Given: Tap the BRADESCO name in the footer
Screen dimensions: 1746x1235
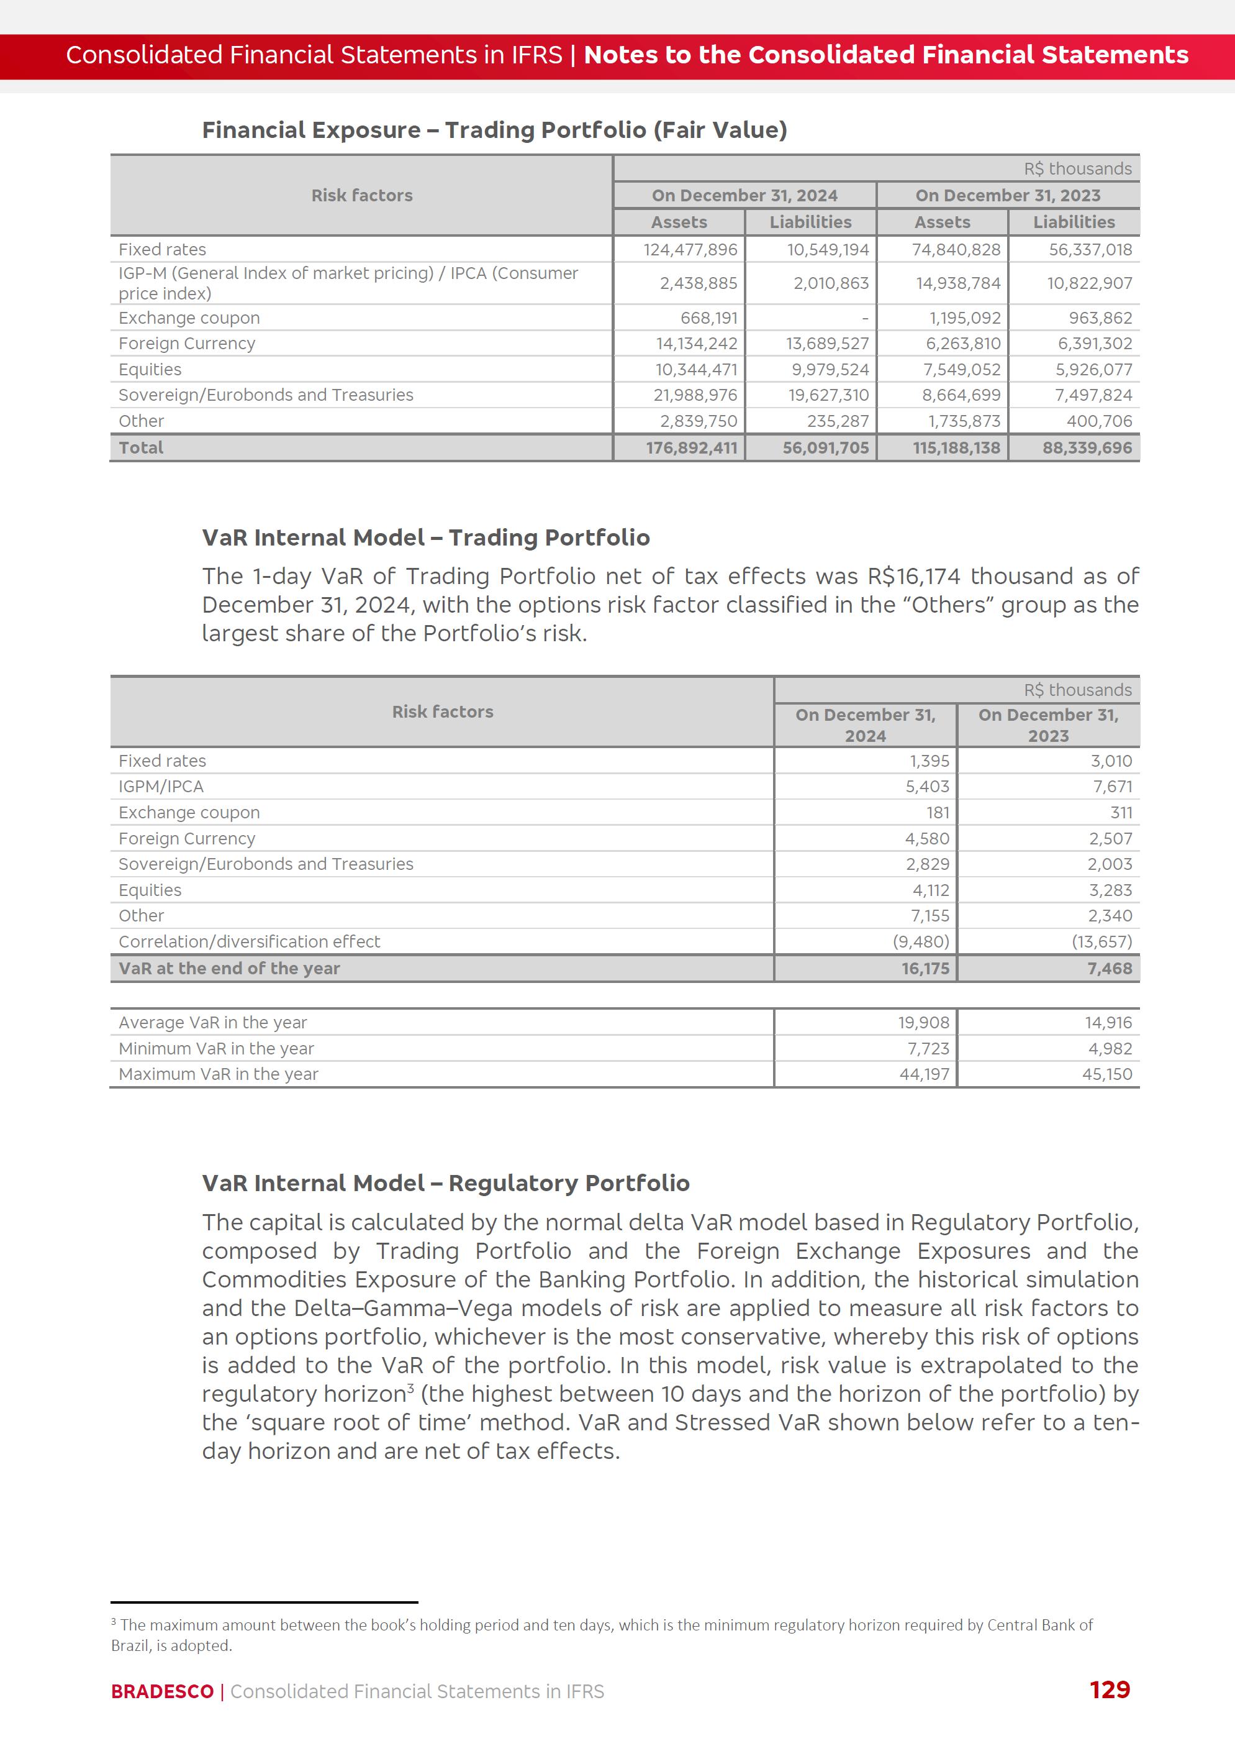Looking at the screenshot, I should [162, 1691].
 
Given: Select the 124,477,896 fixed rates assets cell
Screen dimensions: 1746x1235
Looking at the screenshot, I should [690, 250].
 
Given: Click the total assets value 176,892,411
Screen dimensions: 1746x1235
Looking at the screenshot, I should [691, 447].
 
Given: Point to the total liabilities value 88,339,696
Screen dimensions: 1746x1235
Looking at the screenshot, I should [1087, 447].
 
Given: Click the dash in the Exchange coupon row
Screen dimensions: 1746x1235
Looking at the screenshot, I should [865, 318].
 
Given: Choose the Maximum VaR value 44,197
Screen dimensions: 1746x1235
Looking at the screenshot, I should [924, 1074].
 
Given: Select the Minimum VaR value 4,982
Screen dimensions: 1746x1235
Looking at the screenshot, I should [1110, 1048].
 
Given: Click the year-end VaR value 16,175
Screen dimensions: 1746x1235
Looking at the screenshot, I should [926, 969].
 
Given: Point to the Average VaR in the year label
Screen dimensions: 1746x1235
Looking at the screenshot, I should [212, 1023].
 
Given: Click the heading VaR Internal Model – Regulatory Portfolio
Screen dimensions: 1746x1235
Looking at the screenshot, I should [446, 1183].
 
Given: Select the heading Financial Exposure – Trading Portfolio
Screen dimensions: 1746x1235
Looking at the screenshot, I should [494, 130].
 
